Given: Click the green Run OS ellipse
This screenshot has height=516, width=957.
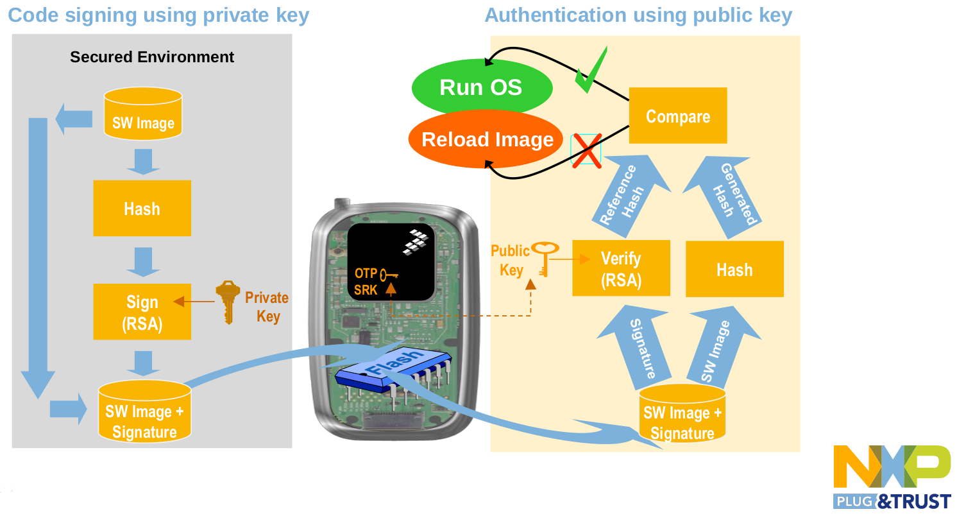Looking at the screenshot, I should point(481,87).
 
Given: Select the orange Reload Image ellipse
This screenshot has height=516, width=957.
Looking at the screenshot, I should point(487,140).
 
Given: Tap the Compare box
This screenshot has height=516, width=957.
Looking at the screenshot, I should point(677,116).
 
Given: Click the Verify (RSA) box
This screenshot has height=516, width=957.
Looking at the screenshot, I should point(620,268).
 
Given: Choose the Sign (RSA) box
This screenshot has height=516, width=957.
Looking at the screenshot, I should point(142,312).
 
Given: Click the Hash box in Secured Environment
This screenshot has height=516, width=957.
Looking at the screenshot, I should point(142,209).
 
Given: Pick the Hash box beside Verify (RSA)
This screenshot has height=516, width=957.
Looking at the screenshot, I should point(734,269).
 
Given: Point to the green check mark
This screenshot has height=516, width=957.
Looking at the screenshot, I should point(590,71).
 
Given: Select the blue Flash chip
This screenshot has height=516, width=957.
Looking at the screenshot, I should point(393,370).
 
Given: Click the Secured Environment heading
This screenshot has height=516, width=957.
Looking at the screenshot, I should point(152,57).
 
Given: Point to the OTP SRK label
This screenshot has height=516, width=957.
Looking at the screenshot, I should point(366,282).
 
